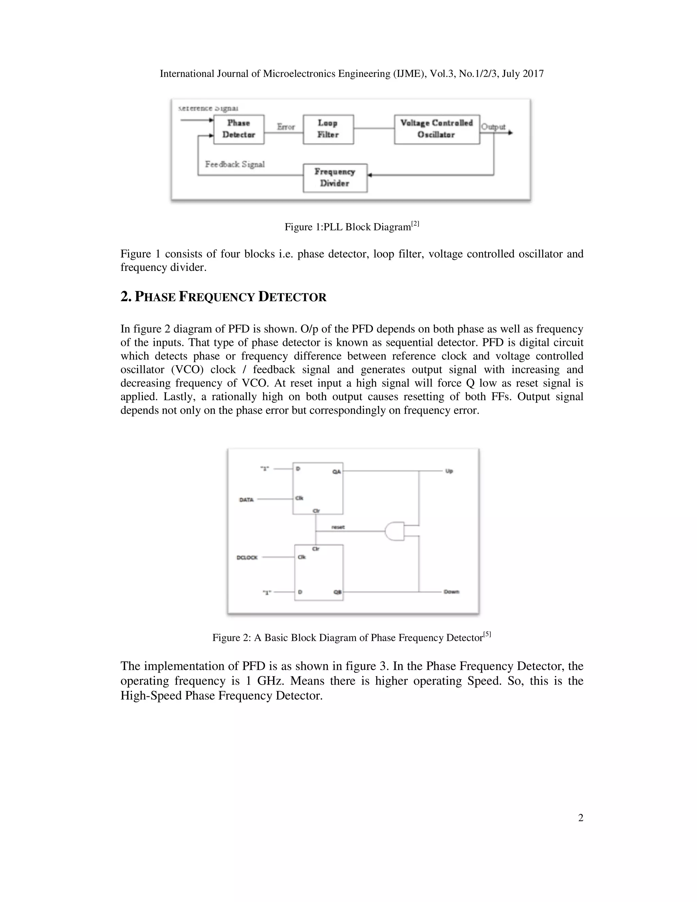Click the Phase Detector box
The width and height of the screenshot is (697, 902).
click(239, 129)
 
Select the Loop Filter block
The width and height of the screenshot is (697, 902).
click(328, 129)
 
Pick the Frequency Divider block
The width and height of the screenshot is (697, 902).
click(335, 178)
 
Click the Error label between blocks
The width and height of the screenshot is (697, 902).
click(286, 127)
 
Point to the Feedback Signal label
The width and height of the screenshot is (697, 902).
click(235, 164)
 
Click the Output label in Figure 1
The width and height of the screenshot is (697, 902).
click(493, 127)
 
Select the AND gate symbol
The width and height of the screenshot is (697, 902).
click(394, 531)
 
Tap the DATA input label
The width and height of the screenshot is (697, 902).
click(246, 500)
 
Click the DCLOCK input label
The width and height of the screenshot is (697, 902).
click(247, 558)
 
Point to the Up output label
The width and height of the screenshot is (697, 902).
click(449, 471)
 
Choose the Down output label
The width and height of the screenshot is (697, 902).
click(451, 592)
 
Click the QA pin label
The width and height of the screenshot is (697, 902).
click(337, 472)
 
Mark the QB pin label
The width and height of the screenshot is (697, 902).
click(337, 592)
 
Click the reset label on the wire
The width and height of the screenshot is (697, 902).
click(338, 527)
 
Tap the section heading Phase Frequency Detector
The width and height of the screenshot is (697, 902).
click(223, 297)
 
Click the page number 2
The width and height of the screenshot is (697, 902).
click(581, 818)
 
